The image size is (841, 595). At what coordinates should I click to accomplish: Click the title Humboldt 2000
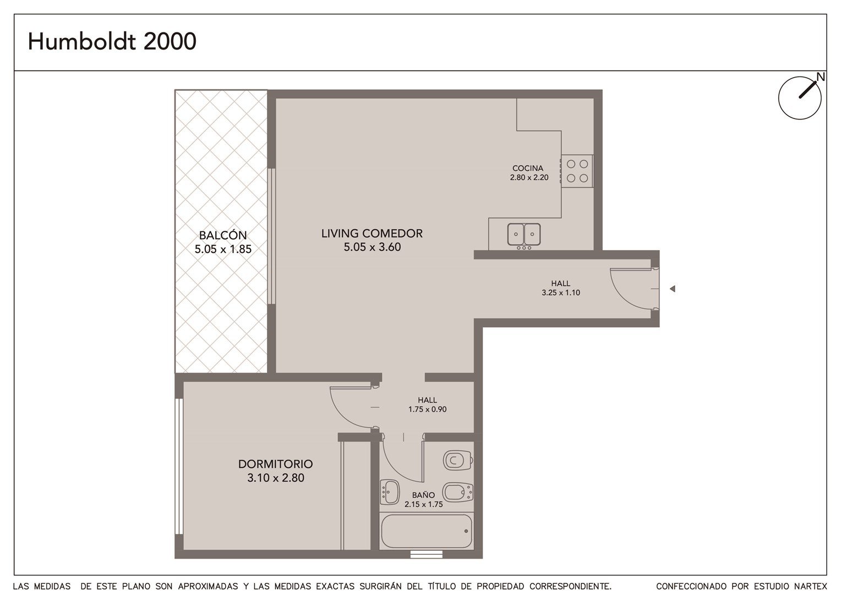112,41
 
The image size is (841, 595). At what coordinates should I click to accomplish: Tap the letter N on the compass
821,77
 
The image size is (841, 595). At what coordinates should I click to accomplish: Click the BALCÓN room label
223,235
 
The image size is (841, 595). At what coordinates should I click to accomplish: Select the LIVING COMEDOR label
372,234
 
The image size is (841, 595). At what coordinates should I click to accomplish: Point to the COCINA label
528,169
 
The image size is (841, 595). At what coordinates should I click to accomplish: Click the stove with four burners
577,171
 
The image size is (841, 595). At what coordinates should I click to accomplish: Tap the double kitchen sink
524,235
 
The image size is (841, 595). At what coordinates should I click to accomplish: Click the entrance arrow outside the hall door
673,289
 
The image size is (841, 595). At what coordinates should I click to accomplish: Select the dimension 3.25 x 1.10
561,293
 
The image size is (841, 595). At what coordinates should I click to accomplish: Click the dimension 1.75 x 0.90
428,409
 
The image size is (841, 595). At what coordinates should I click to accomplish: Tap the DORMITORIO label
276,464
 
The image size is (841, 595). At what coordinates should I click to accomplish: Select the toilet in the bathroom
458,459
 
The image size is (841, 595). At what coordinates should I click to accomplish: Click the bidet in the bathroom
458,492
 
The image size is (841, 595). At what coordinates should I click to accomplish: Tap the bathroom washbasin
390,492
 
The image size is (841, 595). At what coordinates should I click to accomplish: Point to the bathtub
427,531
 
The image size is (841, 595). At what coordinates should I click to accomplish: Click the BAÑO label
423,495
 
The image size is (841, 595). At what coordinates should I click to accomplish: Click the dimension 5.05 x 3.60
372,247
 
